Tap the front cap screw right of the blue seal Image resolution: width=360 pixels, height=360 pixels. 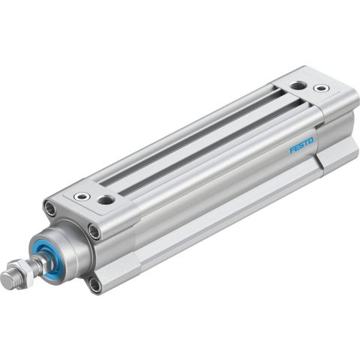click(x=94, y=232)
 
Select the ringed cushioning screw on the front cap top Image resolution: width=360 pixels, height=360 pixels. click(x=80, y=198)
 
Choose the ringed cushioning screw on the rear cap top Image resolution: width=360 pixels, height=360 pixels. click(x=320, y=88)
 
